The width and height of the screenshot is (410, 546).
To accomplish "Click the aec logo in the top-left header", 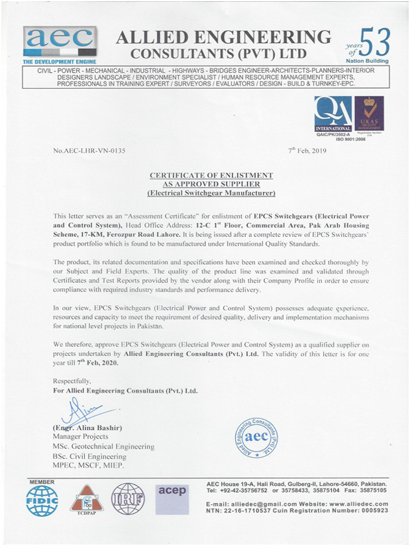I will coord(60,41).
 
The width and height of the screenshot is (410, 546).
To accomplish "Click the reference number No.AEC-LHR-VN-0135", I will coord(89,151).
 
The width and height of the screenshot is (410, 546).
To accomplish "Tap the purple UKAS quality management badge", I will coord(369,113).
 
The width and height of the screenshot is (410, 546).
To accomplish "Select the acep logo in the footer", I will coord(172,492).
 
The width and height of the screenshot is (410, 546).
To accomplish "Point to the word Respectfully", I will coord(72,381).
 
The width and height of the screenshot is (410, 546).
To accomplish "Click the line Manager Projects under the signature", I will coord(80,438).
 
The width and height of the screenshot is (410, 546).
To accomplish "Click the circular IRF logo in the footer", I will coord(128,500).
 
